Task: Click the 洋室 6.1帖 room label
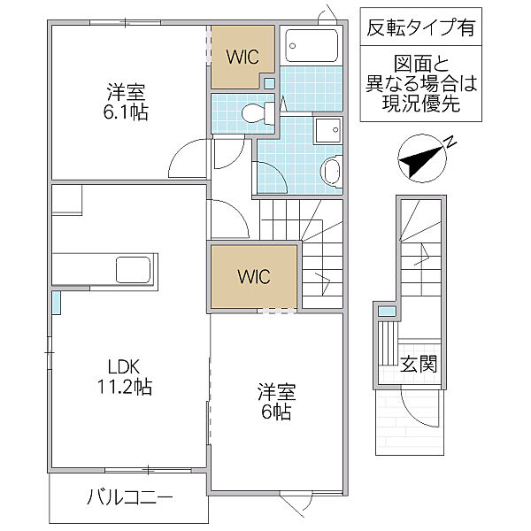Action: point(127,102)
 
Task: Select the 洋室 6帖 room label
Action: point(276,400)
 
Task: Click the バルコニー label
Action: point(129,497)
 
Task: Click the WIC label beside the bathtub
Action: point(242,58)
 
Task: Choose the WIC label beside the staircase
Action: point(253,275)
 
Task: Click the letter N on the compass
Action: point(449,141)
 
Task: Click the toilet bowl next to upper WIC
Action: point(256,112)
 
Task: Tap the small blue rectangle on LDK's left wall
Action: point(56,303)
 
